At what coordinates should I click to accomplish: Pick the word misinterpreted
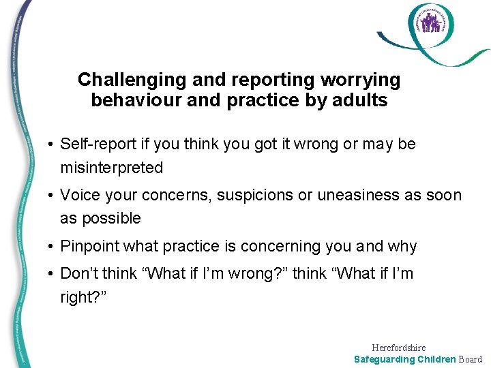point(112,168)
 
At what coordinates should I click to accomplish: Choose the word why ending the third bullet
point(402,246)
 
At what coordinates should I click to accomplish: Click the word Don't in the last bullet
point(78,274)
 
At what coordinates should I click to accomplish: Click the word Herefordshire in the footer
point(399,348)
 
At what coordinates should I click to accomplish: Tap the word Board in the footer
point(470,359)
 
